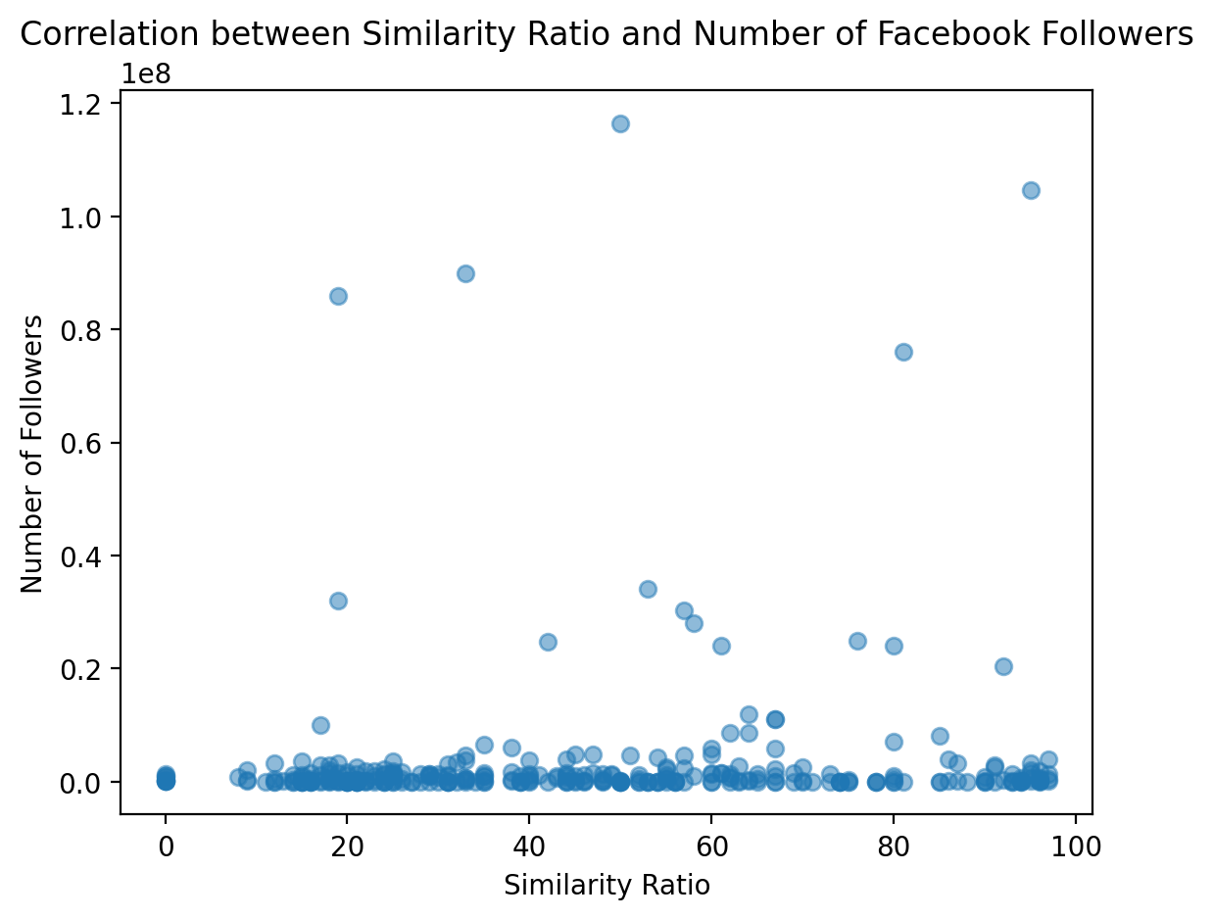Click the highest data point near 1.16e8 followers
620,123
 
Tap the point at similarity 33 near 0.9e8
465,273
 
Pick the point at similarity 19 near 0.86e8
338,296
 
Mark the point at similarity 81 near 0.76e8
903,352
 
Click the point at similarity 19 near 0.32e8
338,601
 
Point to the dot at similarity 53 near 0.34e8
648,589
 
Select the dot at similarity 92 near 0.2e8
1003,666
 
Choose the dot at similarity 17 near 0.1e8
320,725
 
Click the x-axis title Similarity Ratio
606,886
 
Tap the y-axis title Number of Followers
32,453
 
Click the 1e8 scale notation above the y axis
145,73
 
